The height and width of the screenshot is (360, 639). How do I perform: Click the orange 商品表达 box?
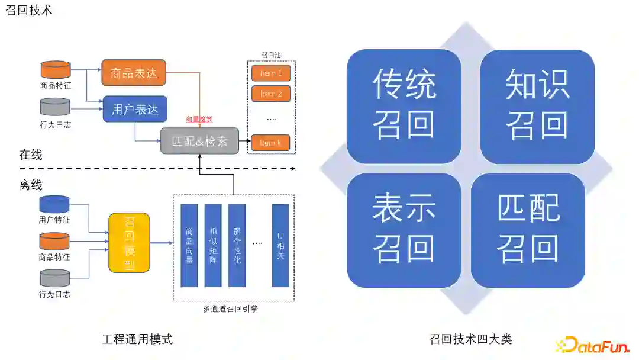click(134, 73)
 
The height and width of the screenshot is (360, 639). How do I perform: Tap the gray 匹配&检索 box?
click(199, 142)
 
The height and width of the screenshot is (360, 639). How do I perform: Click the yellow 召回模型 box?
click(129, 243)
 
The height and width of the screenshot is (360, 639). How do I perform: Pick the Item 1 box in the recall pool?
click(271, 74)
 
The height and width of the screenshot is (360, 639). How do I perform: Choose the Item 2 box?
click(271, 94)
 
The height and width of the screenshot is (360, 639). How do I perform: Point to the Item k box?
click(271, 143)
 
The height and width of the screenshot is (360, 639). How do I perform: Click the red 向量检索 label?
click(199, 120)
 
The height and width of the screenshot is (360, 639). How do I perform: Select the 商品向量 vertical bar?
click(189, 245)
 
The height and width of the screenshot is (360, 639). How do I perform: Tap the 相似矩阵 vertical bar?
click(213, 245)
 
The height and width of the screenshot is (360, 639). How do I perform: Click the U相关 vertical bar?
click(280, 245)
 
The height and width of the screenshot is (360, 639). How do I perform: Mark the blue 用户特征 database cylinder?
click(54, 205)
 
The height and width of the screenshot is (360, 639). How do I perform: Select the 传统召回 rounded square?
click(404, 107)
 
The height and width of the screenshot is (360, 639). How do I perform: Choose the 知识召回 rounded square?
click(537, 107)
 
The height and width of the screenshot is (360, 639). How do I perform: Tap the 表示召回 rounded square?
click(404, 230)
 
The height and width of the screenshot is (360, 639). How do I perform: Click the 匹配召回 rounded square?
click(528, 230)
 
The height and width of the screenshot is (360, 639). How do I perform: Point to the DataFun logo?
click(593, 345)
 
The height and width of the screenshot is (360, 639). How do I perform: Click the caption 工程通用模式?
click(137, 339)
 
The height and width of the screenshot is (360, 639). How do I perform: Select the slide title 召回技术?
click(29, 10)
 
